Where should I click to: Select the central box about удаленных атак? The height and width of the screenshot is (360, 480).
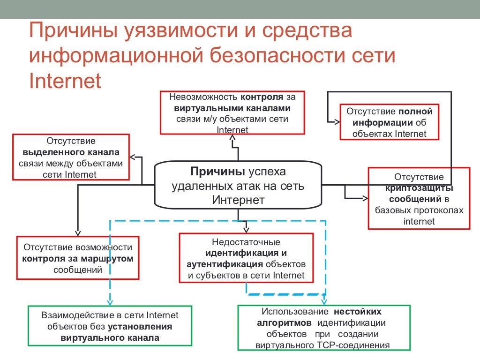[x=238, y=185]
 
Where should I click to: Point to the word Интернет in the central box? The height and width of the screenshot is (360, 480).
[x=238, y=200]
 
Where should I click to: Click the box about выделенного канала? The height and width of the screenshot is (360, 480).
[x=71, y=157]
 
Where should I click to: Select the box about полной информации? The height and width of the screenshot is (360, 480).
[x=390, y=122]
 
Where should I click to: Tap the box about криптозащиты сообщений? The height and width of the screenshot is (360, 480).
[x=419, y=198]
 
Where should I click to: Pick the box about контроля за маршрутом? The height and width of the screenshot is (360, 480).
[x=78, y=258]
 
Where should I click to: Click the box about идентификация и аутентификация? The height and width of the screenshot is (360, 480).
[x=246, y=258]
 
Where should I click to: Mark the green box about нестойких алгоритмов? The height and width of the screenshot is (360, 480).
[x=323, y=327]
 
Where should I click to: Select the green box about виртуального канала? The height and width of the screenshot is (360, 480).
[x=110, y=326]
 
